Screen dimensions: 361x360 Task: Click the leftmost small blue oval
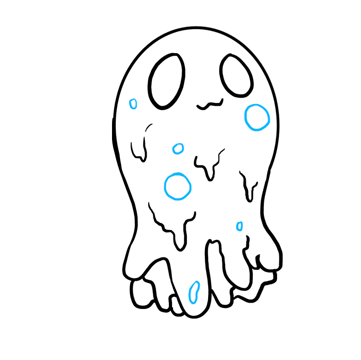(133, 104)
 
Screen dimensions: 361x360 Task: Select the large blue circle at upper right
(257, 117)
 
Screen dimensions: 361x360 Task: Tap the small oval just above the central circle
(178, 149)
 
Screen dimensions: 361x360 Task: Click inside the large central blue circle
(177, 186)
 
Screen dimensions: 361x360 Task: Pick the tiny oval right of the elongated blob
(239, 226)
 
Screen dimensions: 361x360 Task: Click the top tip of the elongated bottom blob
(197, 282)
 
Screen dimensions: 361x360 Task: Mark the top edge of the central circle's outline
(178, 174)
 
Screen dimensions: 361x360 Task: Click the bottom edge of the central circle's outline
(178, 199)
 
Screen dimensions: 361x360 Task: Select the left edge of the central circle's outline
(165, 186)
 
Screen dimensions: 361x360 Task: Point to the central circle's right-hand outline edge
(190, 186)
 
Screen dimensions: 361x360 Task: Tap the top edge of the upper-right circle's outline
(257, 105)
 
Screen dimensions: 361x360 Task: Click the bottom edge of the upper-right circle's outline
(257, 130)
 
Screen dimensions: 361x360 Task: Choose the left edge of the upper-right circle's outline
(245, 117)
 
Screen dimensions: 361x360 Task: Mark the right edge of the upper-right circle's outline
(269, 117)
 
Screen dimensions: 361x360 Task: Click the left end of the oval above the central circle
(173, 150)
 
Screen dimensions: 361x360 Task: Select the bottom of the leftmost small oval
(133, 109)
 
